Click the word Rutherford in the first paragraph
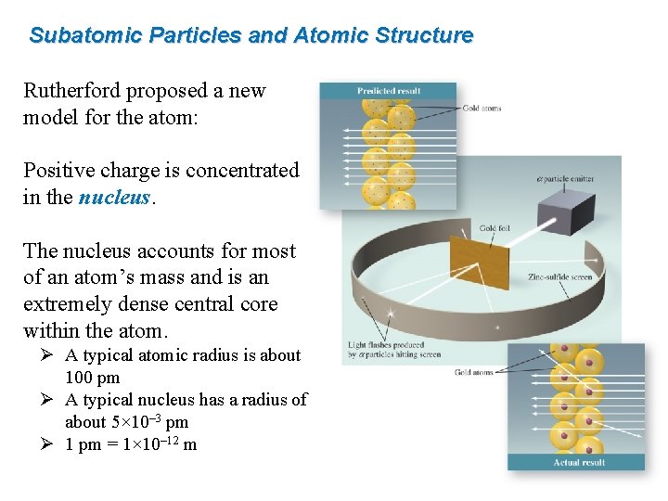[72, 91]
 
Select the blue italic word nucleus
[114, 198]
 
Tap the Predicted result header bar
[388, 91]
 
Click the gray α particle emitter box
[566, 212]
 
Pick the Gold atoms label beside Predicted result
[482, 109]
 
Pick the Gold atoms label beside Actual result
[475, 373]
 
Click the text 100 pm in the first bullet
[92, 378]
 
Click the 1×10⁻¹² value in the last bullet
[163, 444]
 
